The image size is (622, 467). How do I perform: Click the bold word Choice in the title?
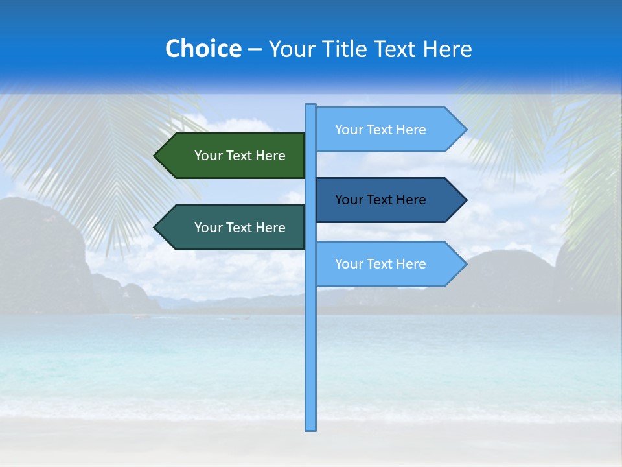pos(203,49)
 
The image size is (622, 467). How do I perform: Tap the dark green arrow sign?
pos(233,156)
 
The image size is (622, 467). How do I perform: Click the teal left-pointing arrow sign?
pos(233,227)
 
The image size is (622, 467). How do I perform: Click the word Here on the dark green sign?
pos(270,156)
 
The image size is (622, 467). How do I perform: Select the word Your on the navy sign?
pos(349,200)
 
